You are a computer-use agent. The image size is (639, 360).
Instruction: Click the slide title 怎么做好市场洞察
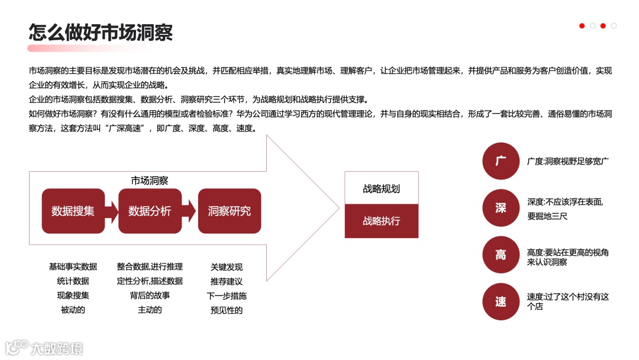(x=101, y=32)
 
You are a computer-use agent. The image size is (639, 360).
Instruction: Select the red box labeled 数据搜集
(x=73, y=211)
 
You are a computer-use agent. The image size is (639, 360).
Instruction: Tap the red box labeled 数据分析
(x=150, y=211)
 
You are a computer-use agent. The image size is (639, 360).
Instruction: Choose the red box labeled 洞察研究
(x=229, y=211)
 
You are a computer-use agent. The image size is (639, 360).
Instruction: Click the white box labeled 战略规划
(x=382, y=189)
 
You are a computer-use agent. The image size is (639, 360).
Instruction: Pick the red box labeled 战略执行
(x=382, y=221)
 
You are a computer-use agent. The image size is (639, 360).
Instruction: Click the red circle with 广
(x=501, y=161)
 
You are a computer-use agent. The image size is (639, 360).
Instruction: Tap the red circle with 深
(x=501, y=208)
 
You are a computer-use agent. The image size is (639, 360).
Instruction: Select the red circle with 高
(x=501, y=255)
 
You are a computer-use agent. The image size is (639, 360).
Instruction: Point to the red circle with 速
(x=501, y=302)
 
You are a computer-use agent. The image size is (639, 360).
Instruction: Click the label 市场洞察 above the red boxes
(x=150, y=180)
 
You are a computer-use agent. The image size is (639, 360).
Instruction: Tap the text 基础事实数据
(x=73, y=267)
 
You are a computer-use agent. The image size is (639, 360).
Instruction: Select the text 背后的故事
(x=150, y=295)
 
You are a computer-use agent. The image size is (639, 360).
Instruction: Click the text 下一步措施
(x=227, y=295)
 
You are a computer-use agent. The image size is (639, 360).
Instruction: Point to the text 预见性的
(x=227, y=310)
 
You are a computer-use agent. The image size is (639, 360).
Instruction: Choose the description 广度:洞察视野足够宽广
(x=568, y=161)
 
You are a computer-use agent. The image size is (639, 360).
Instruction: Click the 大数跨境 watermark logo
(x=44, y=348)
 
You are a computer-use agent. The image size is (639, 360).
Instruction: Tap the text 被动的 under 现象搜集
(x=73, y=310)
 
